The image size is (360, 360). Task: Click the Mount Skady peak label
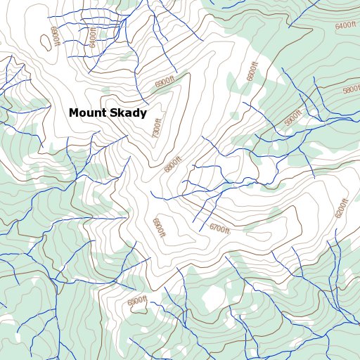(x=108, y=113)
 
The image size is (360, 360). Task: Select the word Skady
(x=127, y=113)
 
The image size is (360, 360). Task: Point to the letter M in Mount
(x=73, y=113)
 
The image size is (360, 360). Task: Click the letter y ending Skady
(x=143, y=115)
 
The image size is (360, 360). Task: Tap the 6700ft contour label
(x=220, y=229)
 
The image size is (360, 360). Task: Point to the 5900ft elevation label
(x=292, y=118)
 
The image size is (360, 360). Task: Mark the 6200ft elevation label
(x=341, y=209)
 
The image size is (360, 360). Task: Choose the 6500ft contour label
(x=136, y=302)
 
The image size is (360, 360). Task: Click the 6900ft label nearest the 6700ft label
(x=157, y=226)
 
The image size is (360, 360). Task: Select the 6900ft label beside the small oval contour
(x=53, y=37)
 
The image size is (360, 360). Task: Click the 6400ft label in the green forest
(x=346, y=26)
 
